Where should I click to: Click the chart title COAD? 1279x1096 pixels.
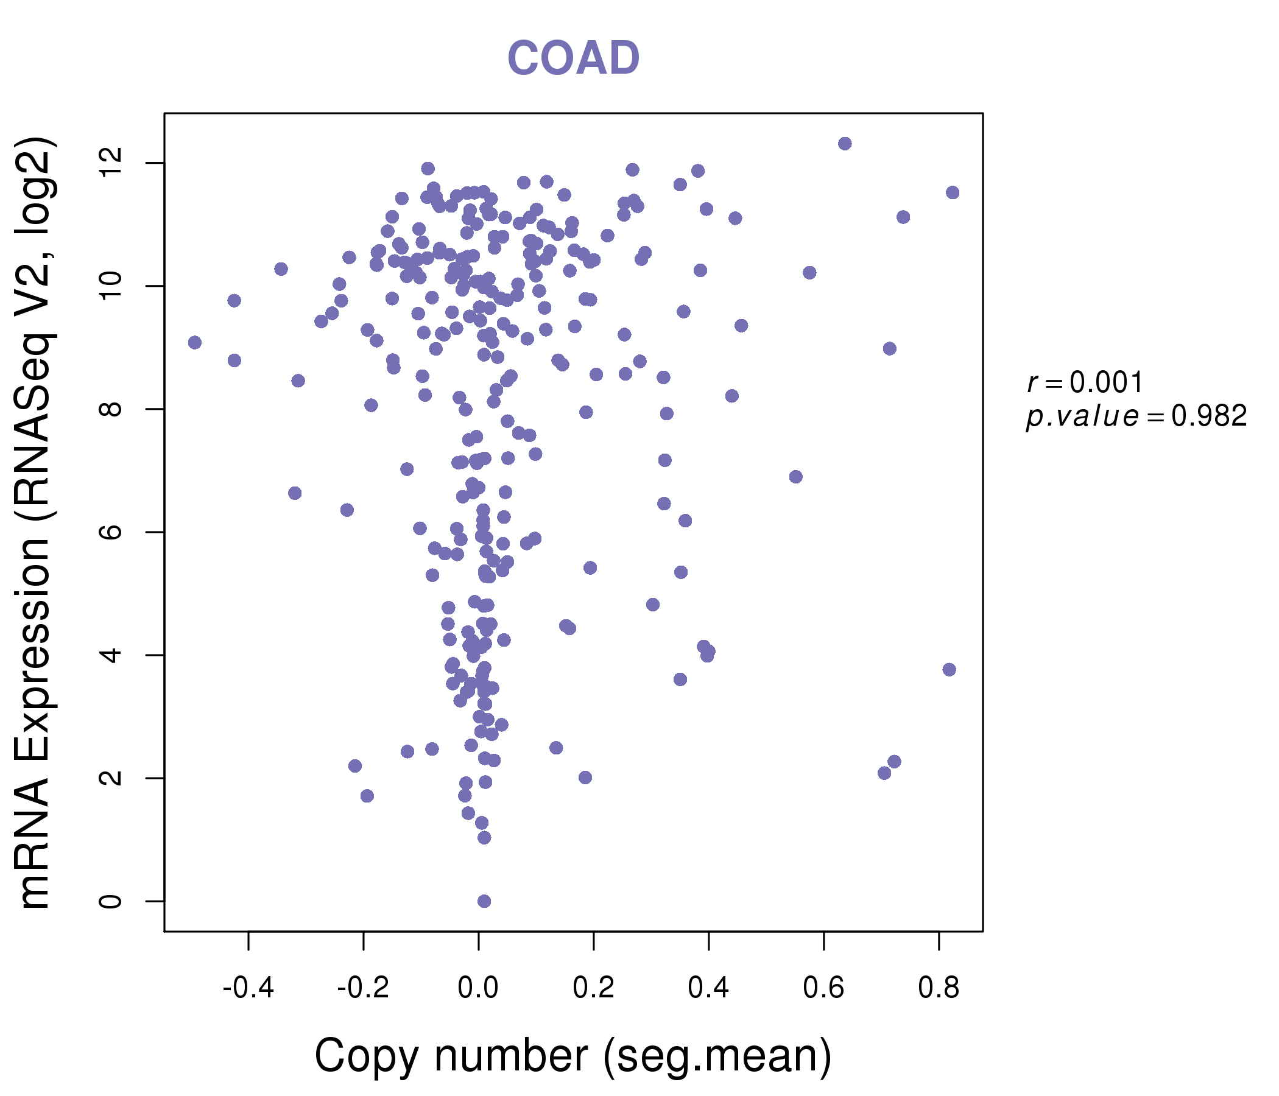tap(573, 58)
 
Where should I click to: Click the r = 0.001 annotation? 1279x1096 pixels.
tap(1085, 382)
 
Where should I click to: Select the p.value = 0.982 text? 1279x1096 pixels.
tap(1136, 416)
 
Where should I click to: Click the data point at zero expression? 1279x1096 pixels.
tap(484, 901)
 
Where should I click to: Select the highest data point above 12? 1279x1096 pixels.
tap(844, 144)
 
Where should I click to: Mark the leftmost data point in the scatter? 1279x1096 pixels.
tap(195, 342)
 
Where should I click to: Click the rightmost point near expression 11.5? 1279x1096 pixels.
tap(953, 192)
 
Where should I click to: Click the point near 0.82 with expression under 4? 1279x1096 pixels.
tap(950, 670)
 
